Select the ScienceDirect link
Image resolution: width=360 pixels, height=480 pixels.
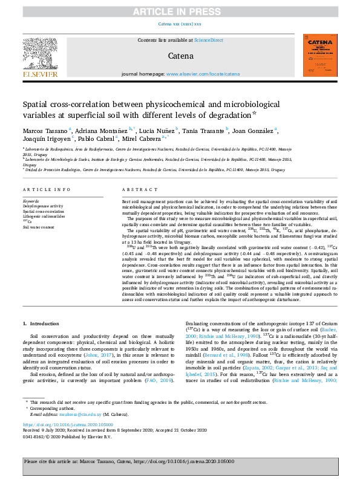click(208, 40)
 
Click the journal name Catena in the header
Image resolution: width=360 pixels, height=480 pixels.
click(180, 56)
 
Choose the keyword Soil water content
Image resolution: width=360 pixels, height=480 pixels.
click(39, 227)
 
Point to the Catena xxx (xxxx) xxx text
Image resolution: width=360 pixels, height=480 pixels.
click(180, 24)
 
